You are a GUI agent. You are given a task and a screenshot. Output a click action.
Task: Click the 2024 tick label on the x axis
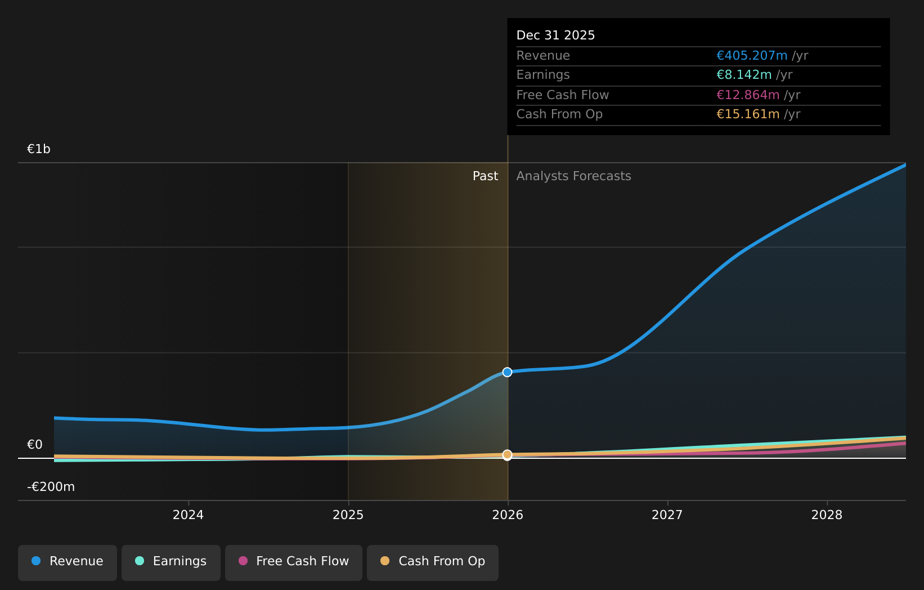point(188,515)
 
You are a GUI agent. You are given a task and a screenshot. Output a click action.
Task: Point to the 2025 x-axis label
point(348,515)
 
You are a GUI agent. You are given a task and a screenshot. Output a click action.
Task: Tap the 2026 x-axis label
point(508,515)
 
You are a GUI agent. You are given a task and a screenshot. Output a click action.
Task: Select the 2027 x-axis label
point(667,515)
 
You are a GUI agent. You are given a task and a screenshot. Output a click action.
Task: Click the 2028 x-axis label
point(827,515)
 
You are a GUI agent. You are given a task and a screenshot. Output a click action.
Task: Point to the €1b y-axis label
point(39,149)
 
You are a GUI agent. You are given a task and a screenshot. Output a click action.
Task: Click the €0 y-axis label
point(35,444)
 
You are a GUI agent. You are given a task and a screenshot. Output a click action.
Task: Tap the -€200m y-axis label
point(51,487)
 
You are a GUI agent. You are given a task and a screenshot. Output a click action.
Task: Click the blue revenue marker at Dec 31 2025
point(508,372)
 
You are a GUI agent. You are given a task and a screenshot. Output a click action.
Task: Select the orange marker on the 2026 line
point(508,455)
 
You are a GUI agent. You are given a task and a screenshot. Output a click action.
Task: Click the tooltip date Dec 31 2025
point(555,35)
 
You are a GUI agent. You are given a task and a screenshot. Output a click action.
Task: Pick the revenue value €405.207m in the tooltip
point(752,56)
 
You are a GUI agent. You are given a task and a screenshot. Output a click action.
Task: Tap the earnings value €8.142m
point(744,75)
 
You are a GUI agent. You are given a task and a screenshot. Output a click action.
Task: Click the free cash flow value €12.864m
point(748,95)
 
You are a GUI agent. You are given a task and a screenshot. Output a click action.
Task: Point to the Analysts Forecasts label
point(574,176)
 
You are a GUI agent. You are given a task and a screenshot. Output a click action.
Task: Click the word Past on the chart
point(485,176)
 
